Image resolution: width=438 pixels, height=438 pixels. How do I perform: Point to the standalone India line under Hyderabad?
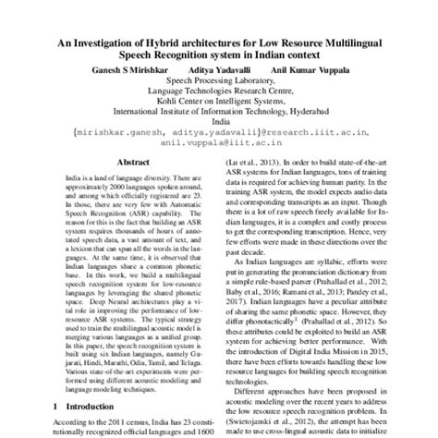[219, 120]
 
